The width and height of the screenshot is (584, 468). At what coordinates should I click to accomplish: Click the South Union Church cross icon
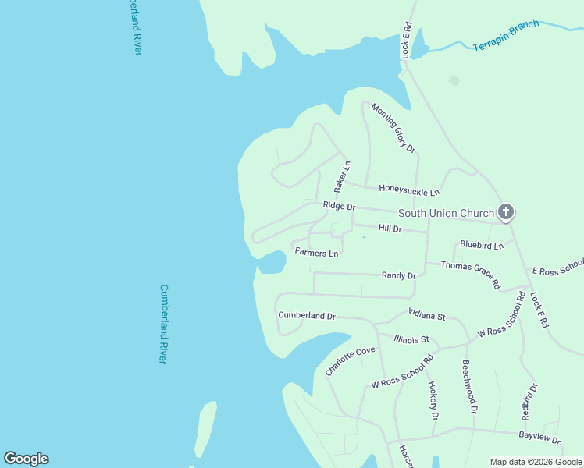(506, 211)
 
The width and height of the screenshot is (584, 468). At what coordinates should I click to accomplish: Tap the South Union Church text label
(446, 213)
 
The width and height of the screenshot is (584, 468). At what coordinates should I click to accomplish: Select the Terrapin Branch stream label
(506, 36)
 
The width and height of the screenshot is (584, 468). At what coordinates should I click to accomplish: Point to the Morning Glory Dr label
(393, 127)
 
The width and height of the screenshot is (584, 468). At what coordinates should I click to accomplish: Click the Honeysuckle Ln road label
(409, 190)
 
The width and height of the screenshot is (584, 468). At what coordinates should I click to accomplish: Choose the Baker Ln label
(342, 177)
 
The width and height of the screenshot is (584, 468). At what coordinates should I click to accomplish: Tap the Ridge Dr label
(339, 207)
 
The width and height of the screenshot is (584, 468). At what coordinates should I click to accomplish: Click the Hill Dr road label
(390, 229)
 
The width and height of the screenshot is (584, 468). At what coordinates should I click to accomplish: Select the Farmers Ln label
(316, 252)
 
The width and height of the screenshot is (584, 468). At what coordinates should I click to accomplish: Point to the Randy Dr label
(398, 275)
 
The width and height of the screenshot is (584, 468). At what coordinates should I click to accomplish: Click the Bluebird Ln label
(482, 245)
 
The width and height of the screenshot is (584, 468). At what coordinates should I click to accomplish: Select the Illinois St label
(411, 339)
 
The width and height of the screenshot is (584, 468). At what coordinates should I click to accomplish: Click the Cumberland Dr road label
(306, 316)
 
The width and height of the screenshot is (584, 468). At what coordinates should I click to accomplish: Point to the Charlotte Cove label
(350, 362)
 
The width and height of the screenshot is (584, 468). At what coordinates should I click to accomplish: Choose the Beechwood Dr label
(468, 386)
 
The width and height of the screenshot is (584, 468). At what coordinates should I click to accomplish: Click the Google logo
(26, 459)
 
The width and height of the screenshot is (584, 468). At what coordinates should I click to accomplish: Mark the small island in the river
(205, 428)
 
